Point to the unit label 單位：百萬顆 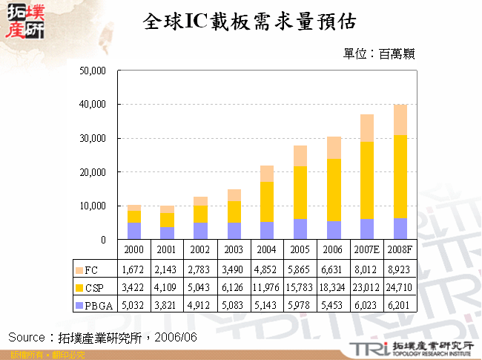pyautogui.click(x=378, y=53)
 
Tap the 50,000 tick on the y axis pyautogui.click(x=93, y=71)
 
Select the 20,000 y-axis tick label pyautogui.click(x=93, y=172)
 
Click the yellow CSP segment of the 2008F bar pyautogui.click(x=400, y=176)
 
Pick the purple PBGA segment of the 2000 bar pyautogui.click(x=133, y=231)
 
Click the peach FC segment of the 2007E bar pyautogui.click(x=366, y=128)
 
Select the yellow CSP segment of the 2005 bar pyautogui.click(x=300, y=192)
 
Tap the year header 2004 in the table pyautogui.click(x=266, y=250)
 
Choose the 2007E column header pyautogui.click(x=366, y=250)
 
